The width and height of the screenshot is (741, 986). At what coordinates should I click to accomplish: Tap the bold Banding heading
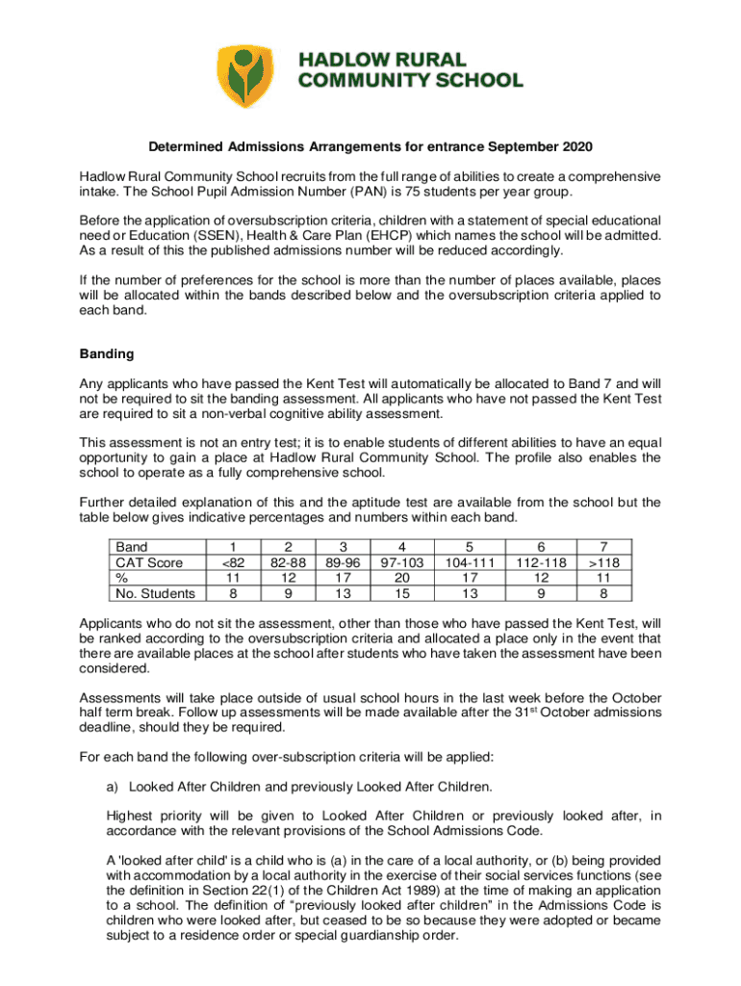pyautogui.click(x=107, y=354)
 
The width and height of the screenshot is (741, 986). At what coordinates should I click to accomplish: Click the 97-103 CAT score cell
pyautogui.click(x=401, y=561)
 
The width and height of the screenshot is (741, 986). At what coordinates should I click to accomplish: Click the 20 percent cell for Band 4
pyautogui.click(x=401, y=578)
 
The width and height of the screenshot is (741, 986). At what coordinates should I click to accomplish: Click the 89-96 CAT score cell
pyautogui.click(x=342, y=561)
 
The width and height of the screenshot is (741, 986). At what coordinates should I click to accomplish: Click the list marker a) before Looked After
pyautogui.click(x=113, y=787)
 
